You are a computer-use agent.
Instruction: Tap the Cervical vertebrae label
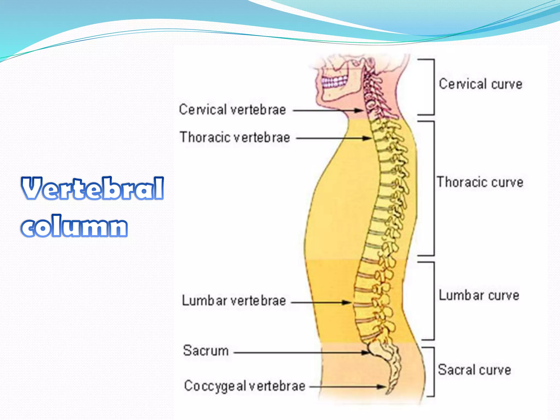click(x=232, y=110)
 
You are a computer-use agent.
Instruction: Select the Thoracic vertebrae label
click(x=235, y=137)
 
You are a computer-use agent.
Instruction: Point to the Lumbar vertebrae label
click(x=234, y=301)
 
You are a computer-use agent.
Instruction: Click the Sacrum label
click(x=206, y=351)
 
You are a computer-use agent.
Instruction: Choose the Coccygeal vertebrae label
click(x=244, y=386)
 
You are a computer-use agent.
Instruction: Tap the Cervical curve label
click(x=480, y=84)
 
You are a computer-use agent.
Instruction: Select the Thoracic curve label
click(x=480, y=182)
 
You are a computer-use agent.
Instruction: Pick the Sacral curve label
click(x=474, y=370)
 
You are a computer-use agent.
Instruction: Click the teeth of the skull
click(x=334, y=82)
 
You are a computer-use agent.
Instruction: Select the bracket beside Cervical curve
click(x=433, y=87)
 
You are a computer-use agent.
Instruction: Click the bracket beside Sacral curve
click(x=433, y=372)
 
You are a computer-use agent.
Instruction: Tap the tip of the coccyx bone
click(x=388, y=393)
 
